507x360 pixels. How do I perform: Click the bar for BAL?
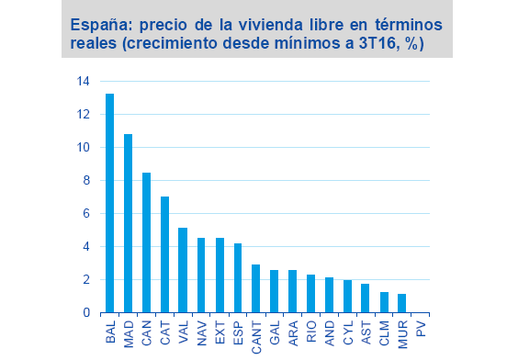point(110,203)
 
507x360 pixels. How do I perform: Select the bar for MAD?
point(129,223)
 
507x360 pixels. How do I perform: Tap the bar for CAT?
point(164,254)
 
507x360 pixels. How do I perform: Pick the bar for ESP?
point(238,277)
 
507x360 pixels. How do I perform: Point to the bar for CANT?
point(256,288)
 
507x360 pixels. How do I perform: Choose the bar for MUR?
point(402,303)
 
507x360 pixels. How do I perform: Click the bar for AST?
point(366,298)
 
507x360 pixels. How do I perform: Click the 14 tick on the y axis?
point(84,81)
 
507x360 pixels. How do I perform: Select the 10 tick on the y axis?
point(84,147)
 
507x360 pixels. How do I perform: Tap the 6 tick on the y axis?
point(86,213)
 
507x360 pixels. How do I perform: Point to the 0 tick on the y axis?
point(86,313)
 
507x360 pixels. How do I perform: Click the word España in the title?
point(100,23)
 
